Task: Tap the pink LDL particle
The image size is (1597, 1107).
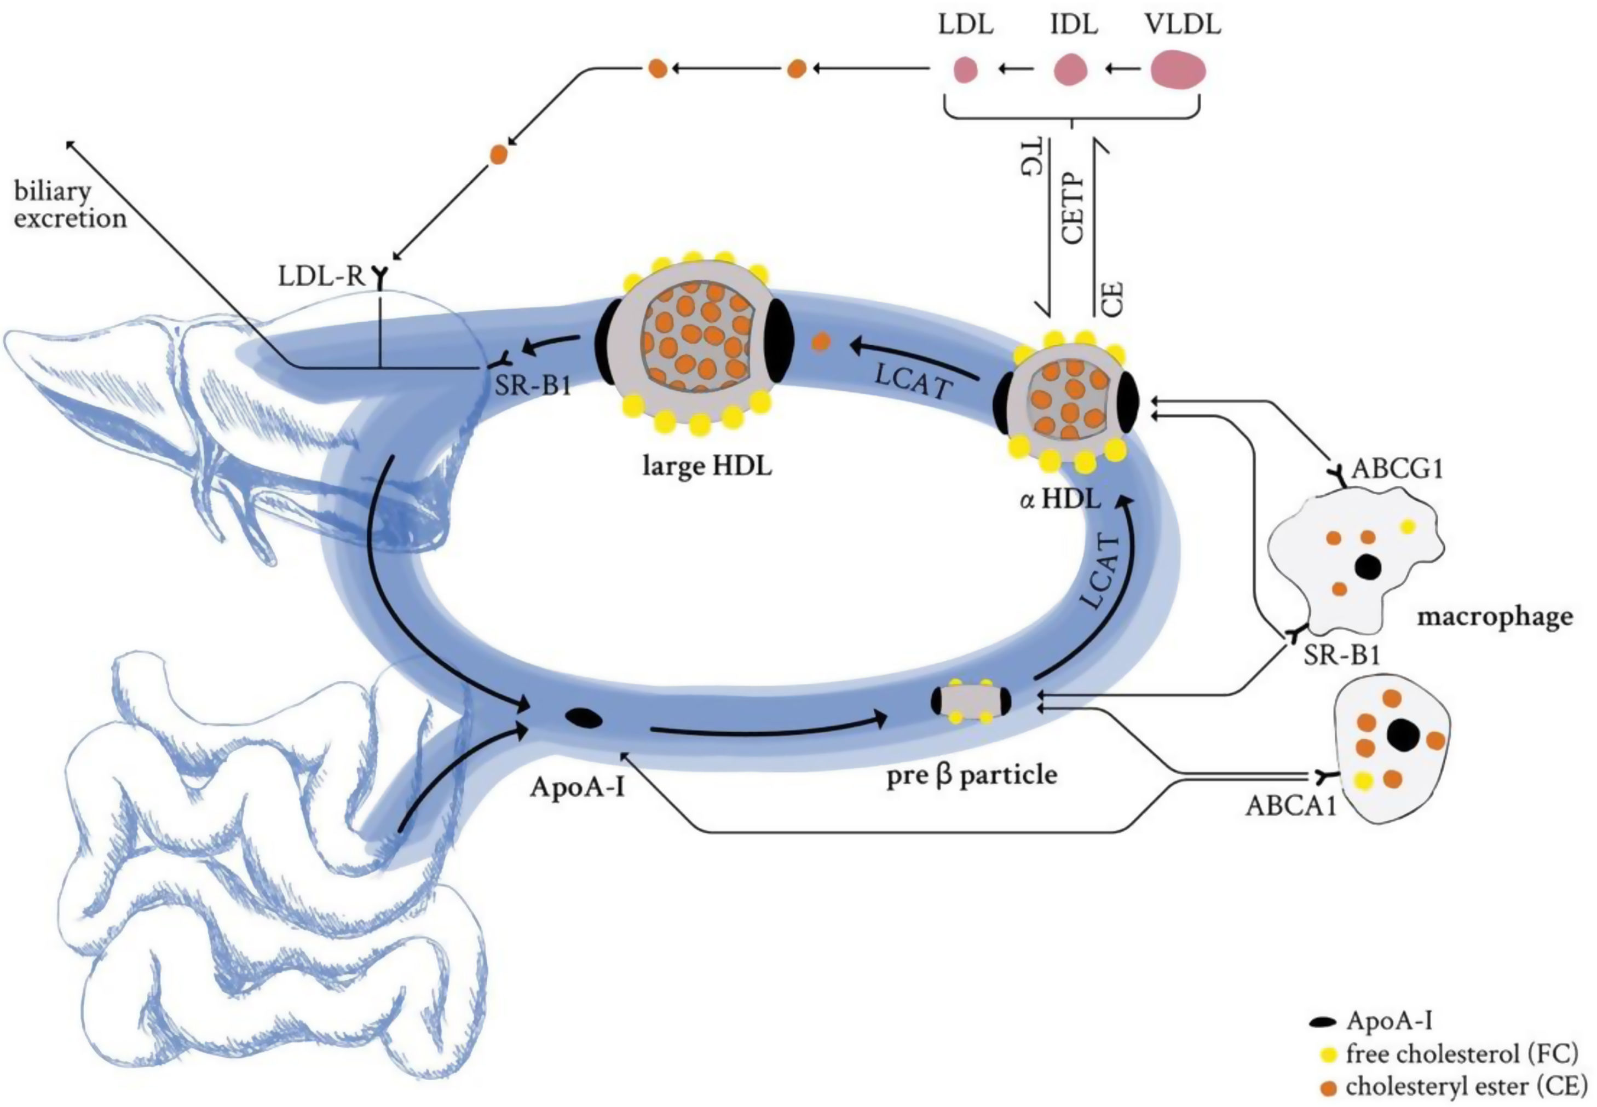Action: point(965,70)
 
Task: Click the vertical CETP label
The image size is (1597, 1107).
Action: point(1073,208)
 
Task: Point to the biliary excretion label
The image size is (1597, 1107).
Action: point(70,205)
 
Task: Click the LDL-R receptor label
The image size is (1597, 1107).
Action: point(321,276)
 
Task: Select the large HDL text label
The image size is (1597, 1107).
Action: point(707,466)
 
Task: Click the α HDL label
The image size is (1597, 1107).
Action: point(1060,499)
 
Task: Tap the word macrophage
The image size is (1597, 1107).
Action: point(1494,616)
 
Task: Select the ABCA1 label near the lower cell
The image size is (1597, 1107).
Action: point(1290,806)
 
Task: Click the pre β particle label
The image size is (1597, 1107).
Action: point(971,775)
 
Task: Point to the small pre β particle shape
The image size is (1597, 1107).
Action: point(971,701)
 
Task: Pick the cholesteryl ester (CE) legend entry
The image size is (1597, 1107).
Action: point(1465,1086)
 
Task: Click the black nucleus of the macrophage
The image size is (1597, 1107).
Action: point(1368,567)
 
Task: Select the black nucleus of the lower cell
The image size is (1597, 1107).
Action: point(1402,734)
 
